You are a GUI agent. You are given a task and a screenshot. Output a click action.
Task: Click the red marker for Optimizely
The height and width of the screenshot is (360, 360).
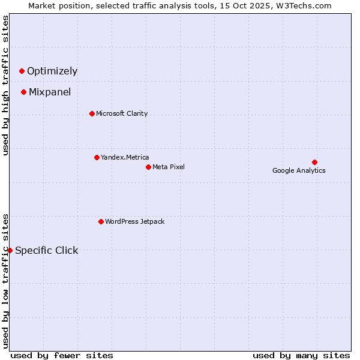tap(22, 71)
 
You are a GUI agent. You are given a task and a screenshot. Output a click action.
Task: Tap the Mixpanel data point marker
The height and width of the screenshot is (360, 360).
tap(23, 92)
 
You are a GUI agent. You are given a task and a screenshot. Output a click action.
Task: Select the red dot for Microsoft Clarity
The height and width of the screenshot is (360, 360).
tap(92, 113)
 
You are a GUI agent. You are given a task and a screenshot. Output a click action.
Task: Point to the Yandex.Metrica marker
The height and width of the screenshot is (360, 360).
tap(97, 157)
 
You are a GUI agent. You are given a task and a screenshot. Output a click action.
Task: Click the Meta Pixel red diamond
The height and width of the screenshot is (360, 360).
tap(148, 167)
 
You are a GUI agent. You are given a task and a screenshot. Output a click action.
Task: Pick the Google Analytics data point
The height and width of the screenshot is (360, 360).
tap(314, 162)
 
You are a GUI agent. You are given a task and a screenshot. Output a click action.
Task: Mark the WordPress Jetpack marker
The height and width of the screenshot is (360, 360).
tap(101, 221)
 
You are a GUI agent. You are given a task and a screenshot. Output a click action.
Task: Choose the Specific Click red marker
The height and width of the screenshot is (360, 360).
tap(10, 250)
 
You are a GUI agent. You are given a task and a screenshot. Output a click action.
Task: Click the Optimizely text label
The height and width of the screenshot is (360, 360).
tap(52, 71)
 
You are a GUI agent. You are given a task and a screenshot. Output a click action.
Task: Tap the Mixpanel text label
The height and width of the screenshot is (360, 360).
tap(50, 92)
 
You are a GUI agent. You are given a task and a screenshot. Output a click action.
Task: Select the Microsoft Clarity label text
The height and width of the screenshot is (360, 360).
tap(122, 113)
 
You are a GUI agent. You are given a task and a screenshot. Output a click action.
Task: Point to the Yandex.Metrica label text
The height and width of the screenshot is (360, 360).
tap(125, 157)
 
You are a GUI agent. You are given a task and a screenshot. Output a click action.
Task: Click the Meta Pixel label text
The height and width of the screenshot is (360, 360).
tap(169, 167)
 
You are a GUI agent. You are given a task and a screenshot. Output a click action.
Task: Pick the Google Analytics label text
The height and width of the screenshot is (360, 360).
tap(299, 170)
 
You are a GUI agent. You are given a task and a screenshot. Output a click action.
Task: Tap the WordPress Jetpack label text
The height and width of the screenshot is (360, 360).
tap(134, 221)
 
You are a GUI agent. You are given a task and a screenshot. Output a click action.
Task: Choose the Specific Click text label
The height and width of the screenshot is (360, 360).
tap(46, 250)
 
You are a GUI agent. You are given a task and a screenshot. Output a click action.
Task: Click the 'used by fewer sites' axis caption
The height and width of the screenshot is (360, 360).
tap(62, 355)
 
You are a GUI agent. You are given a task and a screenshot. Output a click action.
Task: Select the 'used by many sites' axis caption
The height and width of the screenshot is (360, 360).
tap(301, 355)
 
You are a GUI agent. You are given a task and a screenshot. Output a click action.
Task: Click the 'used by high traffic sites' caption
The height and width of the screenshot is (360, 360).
tap(5, 85)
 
